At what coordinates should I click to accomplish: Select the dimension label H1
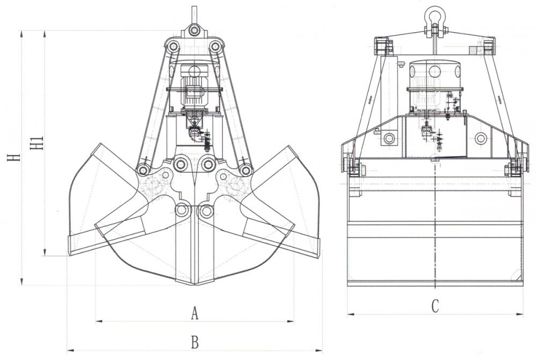click(37, 144)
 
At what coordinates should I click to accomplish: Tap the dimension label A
click(194, 313)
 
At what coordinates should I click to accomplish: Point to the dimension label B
click(194, 341)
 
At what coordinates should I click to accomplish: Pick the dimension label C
click(435, 306)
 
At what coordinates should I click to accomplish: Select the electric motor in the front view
click(193, 86)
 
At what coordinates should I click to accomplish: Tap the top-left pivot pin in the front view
click(172, 47)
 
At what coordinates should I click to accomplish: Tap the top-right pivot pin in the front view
click(215, 47)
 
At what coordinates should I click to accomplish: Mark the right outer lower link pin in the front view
click(245, 170)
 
